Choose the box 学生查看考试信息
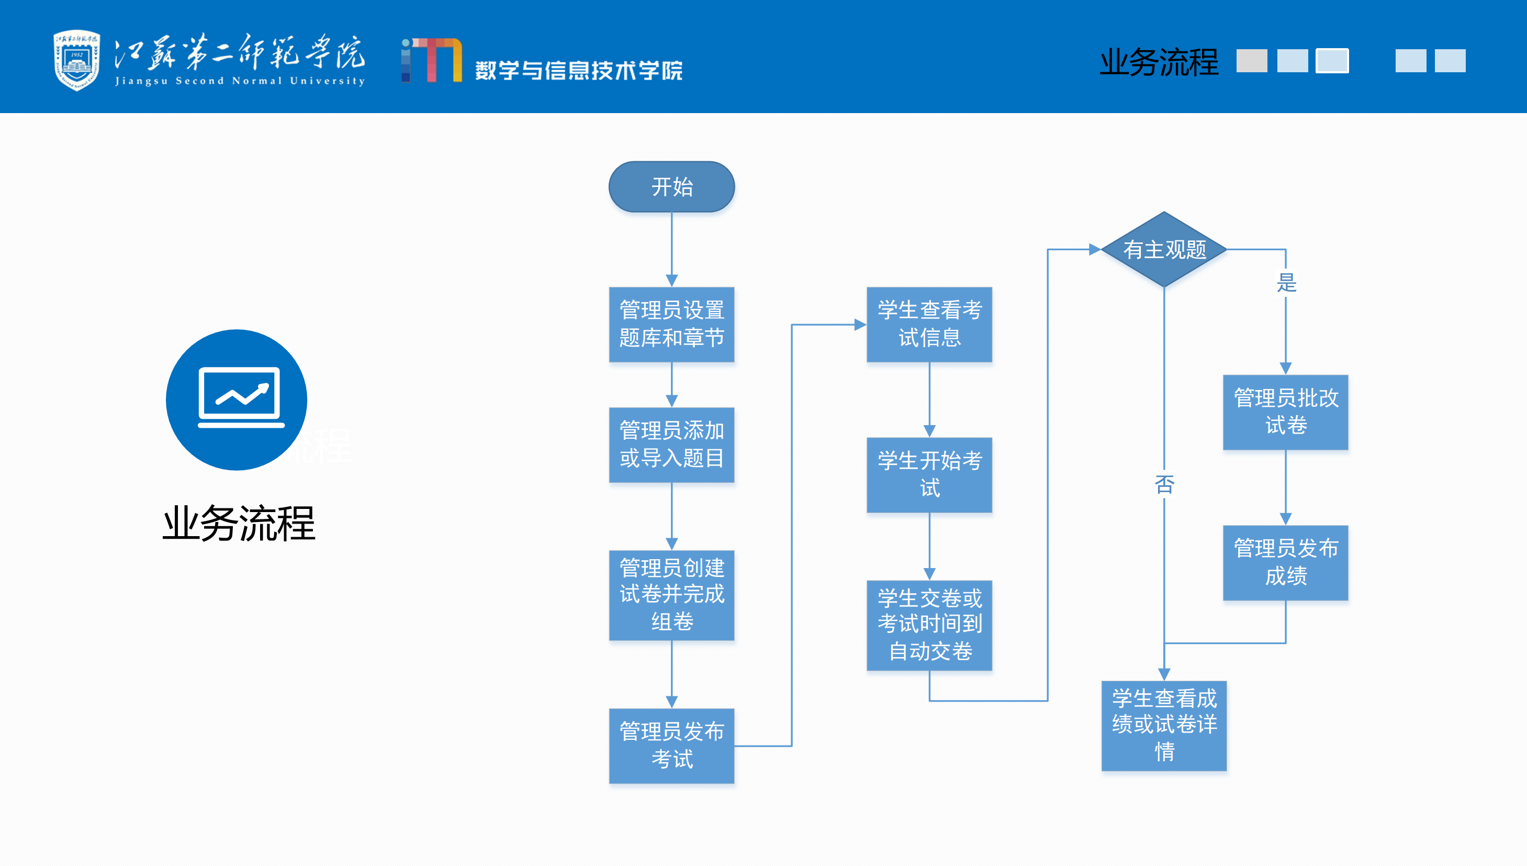(x=929, y=324)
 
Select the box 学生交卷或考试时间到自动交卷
(x=929, y=625)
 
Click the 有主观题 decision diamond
(x=1164, y=250)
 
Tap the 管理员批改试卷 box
(x=1285, y=412)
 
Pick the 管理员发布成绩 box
(x=1285, y=562)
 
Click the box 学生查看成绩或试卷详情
(x=1164, y=726)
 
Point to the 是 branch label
(x=1286, y=283)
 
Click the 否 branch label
(x=1164, y=485)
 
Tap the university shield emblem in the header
(x=77, y=60)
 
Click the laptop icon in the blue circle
(x=240, y=397)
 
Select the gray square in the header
(x=1251, y=61)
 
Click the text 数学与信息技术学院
(x=578, y=71)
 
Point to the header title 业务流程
(x=1159, y=62)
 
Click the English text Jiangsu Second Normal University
(x=240, y=81)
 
